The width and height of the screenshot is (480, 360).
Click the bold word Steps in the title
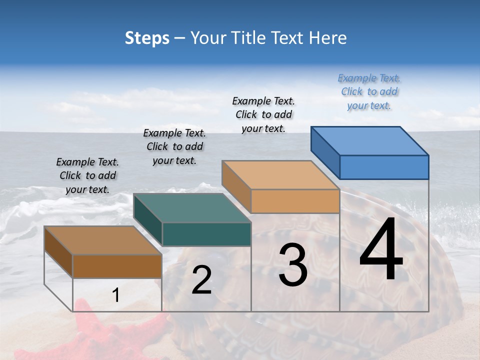click(147, 38)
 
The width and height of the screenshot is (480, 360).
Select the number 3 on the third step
click(292, 265)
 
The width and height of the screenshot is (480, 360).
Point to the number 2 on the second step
click(201, 280)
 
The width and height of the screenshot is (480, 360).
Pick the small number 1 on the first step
click(116, 295)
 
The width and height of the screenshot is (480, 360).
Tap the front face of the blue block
click(384, 167)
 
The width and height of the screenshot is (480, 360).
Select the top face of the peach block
click(280, 175)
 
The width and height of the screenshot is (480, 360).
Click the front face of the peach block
click(295, 201)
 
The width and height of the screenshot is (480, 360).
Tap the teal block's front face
click(206, 234)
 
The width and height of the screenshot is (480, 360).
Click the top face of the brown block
click(103, 240)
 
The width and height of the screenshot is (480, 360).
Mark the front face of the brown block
click(117, 266)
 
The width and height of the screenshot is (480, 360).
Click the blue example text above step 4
click(369, 91)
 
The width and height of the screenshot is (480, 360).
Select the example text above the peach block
click(263, 114)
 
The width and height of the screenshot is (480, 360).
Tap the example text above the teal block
click(174, 146)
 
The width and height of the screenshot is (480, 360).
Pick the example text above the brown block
click(87, 175)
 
